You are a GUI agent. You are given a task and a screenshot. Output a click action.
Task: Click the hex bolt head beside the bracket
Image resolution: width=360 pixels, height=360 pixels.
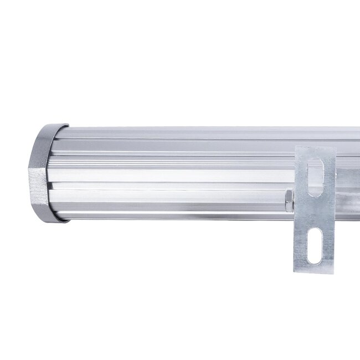289,200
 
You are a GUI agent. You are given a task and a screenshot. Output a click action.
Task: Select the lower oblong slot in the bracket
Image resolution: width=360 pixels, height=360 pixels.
314,244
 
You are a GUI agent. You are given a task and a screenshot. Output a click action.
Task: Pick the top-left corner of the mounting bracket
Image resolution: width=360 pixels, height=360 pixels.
296,147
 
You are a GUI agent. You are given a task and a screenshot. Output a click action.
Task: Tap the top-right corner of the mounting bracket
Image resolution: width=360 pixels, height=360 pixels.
335,147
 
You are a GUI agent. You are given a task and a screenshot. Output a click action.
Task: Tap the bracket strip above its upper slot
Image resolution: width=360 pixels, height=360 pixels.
315,153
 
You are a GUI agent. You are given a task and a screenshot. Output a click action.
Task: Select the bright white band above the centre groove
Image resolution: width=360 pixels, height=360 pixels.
166,176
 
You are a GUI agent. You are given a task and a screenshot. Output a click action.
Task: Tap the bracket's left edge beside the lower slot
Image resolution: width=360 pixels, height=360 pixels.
299,244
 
